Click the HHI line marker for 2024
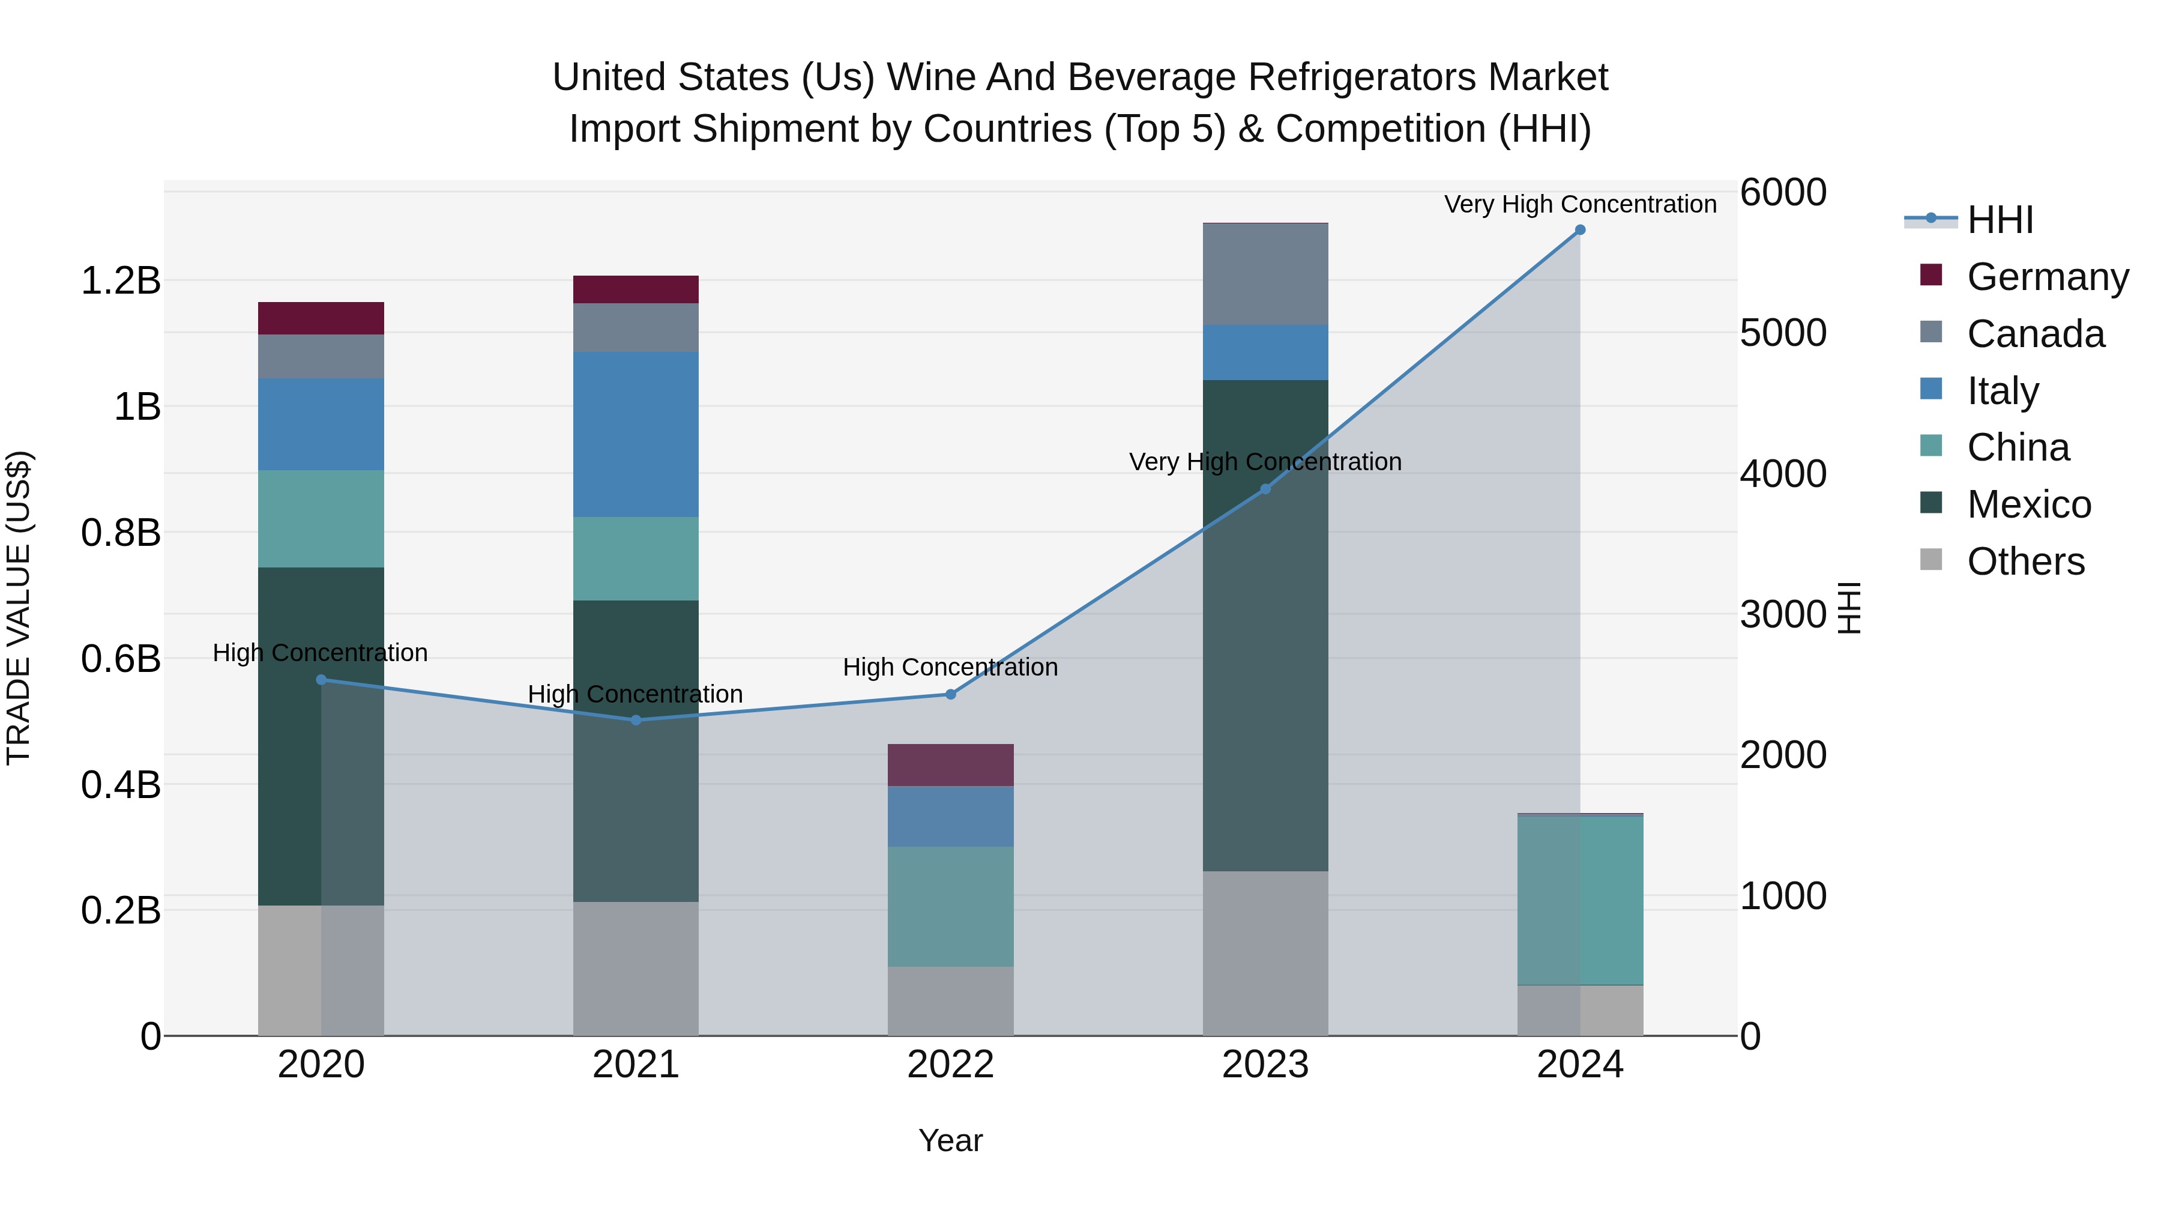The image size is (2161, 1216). point(1580,230)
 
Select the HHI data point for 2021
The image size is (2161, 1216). point(635,720)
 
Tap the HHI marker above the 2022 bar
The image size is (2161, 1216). point(950,694)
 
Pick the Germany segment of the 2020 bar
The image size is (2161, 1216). point(321,318)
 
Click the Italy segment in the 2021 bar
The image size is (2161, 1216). point(635,434)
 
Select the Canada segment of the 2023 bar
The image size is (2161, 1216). point(1265,274)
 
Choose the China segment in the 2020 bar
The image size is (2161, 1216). point(321,519)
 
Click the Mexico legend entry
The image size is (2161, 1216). point(2028,504)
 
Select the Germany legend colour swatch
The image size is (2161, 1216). point(1930,275)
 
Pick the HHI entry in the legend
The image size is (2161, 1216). point(1999,220)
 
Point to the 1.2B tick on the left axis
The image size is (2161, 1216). point(121,280)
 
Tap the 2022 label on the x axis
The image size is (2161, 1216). point(950,1065)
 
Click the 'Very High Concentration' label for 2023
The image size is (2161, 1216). point(1265,462)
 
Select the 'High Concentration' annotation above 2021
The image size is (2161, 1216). point(635,694)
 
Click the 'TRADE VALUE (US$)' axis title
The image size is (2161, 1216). point(19,608)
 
